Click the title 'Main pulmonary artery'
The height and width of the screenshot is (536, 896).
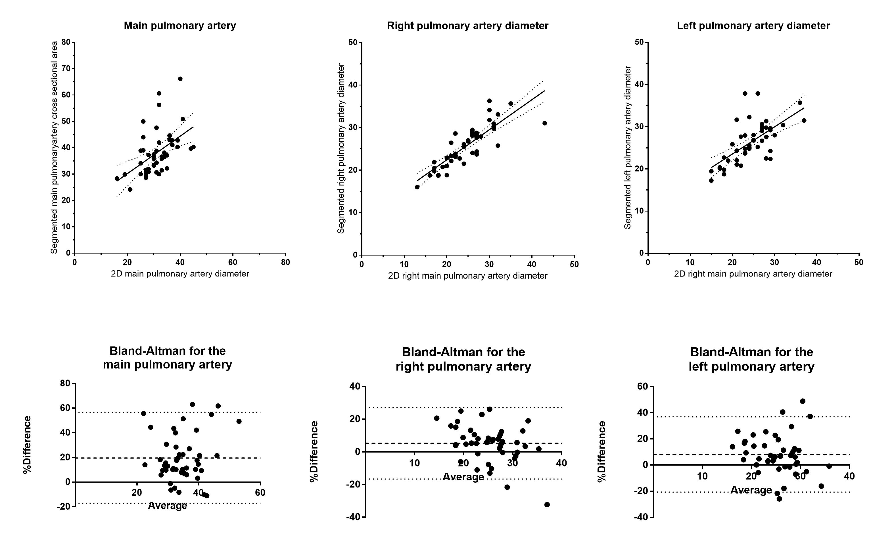click(179, 26)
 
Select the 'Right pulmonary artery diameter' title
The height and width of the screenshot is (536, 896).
click(467, 26)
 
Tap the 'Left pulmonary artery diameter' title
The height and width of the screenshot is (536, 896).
click(753, 26)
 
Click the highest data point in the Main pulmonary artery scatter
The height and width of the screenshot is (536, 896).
click(180, 79)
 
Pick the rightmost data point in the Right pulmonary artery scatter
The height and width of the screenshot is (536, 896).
click(544, 123)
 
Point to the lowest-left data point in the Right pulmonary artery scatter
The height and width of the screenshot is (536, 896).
click(417, 187)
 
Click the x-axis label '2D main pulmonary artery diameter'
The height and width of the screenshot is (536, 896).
click(180, 274)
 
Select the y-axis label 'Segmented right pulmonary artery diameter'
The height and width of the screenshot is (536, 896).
click(341, 148)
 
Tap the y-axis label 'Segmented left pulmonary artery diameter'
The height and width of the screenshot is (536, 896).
click(628, 147)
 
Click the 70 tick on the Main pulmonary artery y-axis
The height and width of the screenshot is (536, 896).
click(66, 69)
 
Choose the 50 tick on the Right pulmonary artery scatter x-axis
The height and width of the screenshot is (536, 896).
click(574, 264)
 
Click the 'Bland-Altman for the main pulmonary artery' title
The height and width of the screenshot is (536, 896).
click(167, 358)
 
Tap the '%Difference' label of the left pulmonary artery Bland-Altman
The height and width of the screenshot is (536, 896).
click(601, 451)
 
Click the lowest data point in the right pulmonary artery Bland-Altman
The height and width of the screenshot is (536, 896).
click(547, 504)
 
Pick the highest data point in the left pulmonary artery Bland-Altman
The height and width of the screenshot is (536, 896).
click(803, 401)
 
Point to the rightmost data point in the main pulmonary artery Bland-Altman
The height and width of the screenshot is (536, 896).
click(239, 421)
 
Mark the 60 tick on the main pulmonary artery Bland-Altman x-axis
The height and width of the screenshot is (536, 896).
click(260, 493)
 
